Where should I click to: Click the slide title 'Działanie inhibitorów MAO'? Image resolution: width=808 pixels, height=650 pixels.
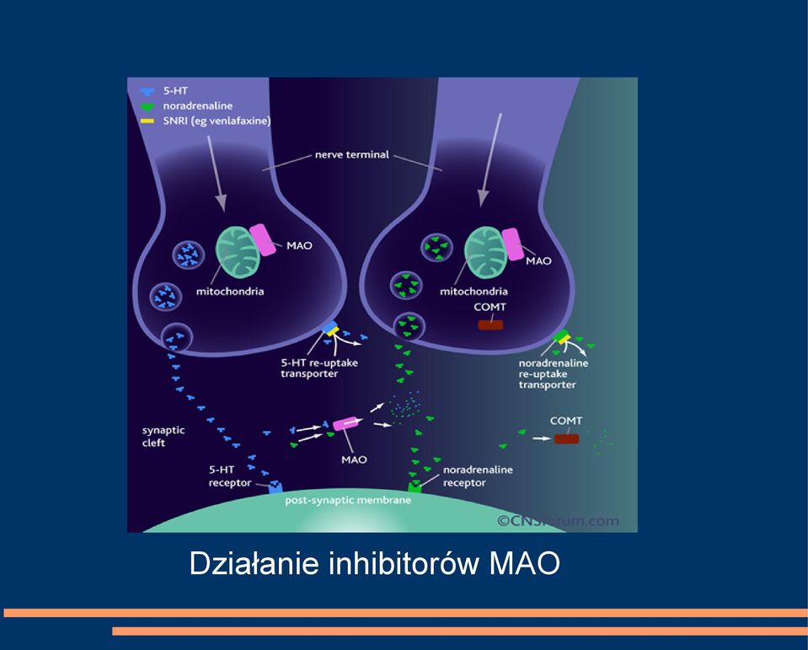click(x=375, y=563)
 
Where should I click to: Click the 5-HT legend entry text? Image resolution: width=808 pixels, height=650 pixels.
click(x=175, y=91)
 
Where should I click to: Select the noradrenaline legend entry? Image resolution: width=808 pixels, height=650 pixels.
click(x=198, y=105)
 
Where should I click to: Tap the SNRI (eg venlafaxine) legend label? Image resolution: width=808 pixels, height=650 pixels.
click(x=217, y=121)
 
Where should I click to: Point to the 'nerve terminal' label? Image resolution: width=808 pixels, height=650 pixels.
click(x=352, y=154)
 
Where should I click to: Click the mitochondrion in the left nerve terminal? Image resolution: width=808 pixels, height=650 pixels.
click(x=237, y=251)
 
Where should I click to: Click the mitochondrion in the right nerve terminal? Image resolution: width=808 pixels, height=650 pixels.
click(x=486, y=251)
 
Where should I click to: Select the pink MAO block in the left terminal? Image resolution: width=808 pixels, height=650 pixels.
click(x=263, y=239)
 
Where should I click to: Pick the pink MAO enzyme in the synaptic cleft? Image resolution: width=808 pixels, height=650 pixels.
click(x=345, y=423)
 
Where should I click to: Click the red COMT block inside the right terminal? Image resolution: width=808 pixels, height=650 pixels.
click(x=490, y=325)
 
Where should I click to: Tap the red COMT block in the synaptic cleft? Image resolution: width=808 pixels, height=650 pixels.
click(x=567, y=438)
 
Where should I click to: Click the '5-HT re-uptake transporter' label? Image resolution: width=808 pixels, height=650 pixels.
click(x=319, y=368)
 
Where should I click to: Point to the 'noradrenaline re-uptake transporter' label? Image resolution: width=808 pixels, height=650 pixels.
click(x=553, y=373)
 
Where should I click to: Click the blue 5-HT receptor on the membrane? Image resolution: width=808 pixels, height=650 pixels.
click(x=276, y=486)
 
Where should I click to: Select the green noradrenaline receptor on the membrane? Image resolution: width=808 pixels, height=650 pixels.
click(x=415, y=486)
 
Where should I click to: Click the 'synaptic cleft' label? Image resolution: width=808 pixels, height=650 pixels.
click(x=163, y=436)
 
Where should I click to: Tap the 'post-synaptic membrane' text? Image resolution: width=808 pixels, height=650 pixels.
click(x=348, y=500)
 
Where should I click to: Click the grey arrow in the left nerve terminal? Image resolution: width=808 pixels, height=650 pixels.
click(x=217, y=173)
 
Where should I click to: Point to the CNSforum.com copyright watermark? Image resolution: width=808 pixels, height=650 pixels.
click(x=558, y=521)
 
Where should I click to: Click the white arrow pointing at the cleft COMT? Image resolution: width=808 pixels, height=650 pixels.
click(x=541, y=438)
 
